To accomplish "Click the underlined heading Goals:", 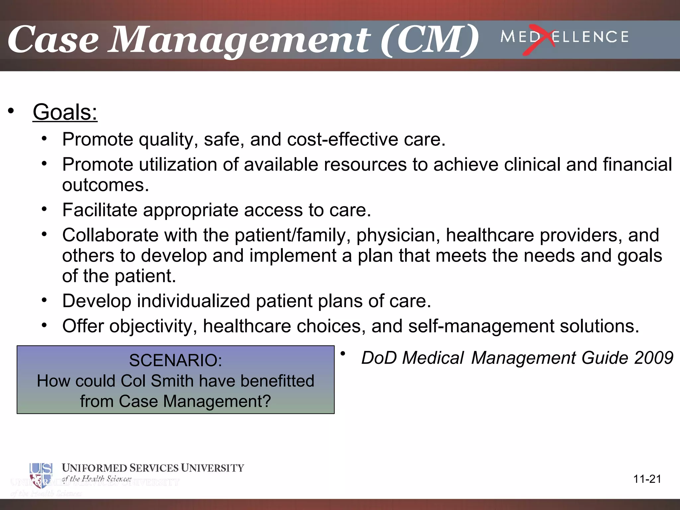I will [x=65, y=112].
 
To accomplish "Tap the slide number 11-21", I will [x=647, y=479].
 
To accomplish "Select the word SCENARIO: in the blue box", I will [x=175, y=360].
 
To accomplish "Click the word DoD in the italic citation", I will [x=379, y=358].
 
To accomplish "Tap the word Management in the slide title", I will [x=239, y=40].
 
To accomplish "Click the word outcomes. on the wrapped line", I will [x=105, y=185].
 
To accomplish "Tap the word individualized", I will [x=193, y=301].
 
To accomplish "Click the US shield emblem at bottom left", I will [x=41, y=475].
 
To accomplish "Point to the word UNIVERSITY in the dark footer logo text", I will [x=212, y=468].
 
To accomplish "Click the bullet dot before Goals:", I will [x=11, y=111].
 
